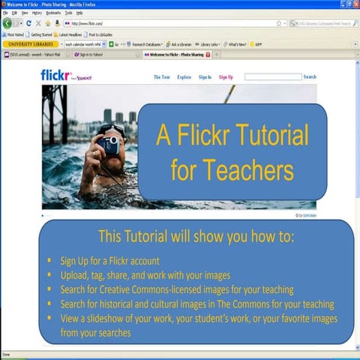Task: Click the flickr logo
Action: pyautogui.click(x=56, y=75)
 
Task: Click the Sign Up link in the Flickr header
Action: pyautogui.click(x=226, y=77)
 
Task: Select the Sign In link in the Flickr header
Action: pyautogui.click(x=204, y=77)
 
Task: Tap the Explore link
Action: pyautogui.click(x=184, y=77)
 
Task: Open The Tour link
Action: pyautogui.click(x=162, y=77)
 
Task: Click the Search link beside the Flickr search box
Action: pyautogui.click(x=310, y=77)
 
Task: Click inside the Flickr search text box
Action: pyautogui.click(x=272, y=77)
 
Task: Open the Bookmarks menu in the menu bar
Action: pyautogui.click(x=52, y=13)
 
